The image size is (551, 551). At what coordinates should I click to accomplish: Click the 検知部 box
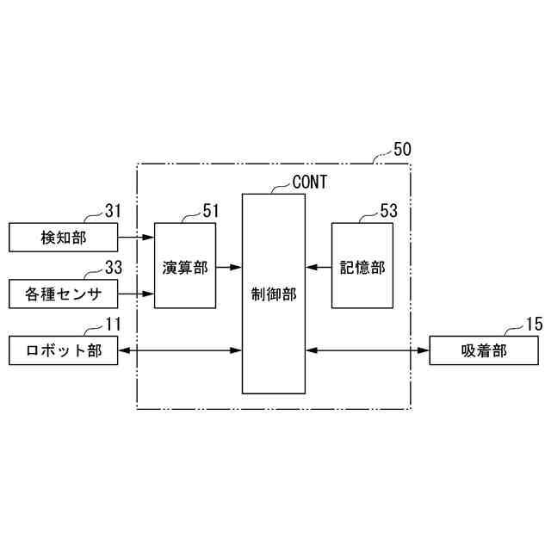[x=64, y=236]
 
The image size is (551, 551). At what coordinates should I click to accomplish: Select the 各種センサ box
[x=64, y=294]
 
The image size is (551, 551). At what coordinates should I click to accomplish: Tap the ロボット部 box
[x=64, y=351]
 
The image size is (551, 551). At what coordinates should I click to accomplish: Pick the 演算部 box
[x=185, y=266]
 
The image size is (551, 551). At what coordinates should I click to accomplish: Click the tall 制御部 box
[x=273, y=293]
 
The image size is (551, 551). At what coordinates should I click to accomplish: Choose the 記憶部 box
[x=362, y=266]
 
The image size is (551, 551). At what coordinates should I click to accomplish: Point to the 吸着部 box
[x=483, y=351]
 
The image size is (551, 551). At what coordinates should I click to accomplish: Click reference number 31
[x=114, y=209]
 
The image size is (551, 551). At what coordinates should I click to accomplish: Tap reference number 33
[x=114, y=267]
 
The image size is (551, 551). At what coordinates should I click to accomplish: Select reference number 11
[x=114, y=325]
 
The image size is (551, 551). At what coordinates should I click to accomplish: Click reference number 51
[x=212, y=209]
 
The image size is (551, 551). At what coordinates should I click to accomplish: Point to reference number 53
[x=389, y=209]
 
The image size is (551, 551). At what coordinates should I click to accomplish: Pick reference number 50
[x=402, y=148]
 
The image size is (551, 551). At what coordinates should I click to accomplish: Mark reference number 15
[x=534, y=325]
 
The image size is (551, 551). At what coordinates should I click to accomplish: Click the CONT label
[x=309, y=182]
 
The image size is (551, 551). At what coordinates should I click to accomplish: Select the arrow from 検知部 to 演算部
[x=136, y=236]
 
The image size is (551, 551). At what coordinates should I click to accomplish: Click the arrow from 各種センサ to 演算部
[x=136, y=294]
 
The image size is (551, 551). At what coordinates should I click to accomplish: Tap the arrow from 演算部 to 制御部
[x=228, y=267]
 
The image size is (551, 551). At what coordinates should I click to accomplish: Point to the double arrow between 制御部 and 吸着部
[x=367, y=351]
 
